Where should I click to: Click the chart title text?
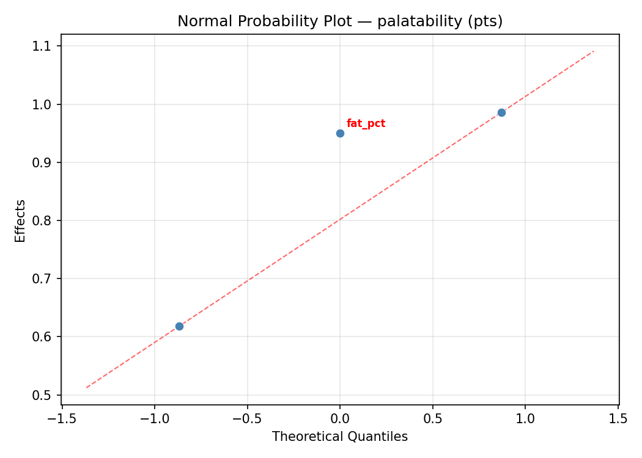340,21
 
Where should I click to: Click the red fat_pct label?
366,123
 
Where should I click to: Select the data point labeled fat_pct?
340,133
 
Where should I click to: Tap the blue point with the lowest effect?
179,326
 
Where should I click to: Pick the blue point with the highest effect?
501,112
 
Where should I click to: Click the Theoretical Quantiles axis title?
340,437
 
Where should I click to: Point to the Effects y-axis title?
21,220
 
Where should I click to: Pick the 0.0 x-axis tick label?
340,419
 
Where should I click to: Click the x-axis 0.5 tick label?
433,419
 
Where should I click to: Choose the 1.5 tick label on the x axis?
618,419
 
